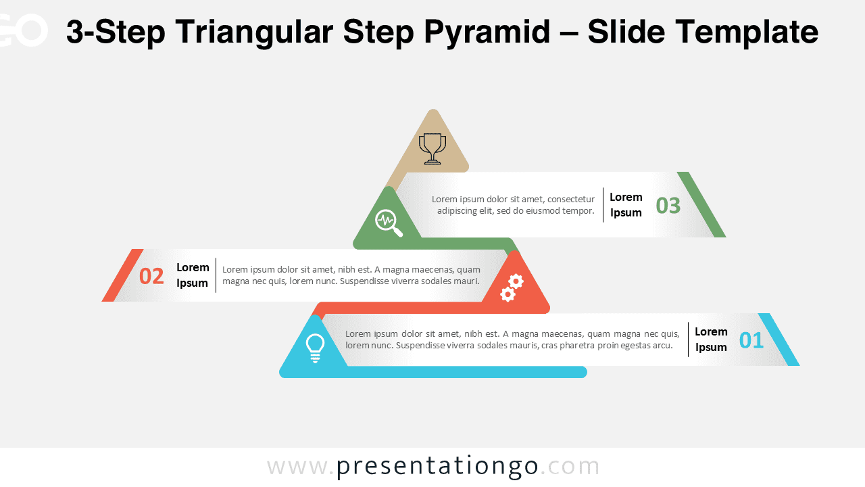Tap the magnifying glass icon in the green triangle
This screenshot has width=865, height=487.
coord(388,222)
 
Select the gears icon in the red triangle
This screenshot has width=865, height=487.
coord(512,287)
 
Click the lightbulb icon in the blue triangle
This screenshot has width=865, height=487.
coord(315,348)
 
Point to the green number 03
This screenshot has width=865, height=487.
coord(668,206)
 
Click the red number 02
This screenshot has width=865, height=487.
coord(151,276)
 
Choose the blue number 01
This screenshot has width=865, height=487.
coord(751,340)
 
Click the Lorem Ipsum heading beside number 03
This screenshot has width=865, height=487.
coord(626,205)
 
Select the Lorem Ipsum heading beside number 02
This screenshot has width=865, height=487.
coord(193,275)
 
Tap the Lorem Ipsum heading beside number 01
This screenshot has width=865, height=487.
coord(711,340)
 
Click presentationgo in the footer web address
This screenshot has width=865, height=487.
coord(437,467)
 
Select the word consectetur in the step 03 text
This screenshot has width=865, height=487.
coord(571,200)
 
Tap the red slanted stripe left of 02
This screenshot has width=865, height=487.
coord(122,275)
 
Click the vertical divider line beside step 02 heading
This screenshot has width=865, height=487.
coord(216,275)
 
